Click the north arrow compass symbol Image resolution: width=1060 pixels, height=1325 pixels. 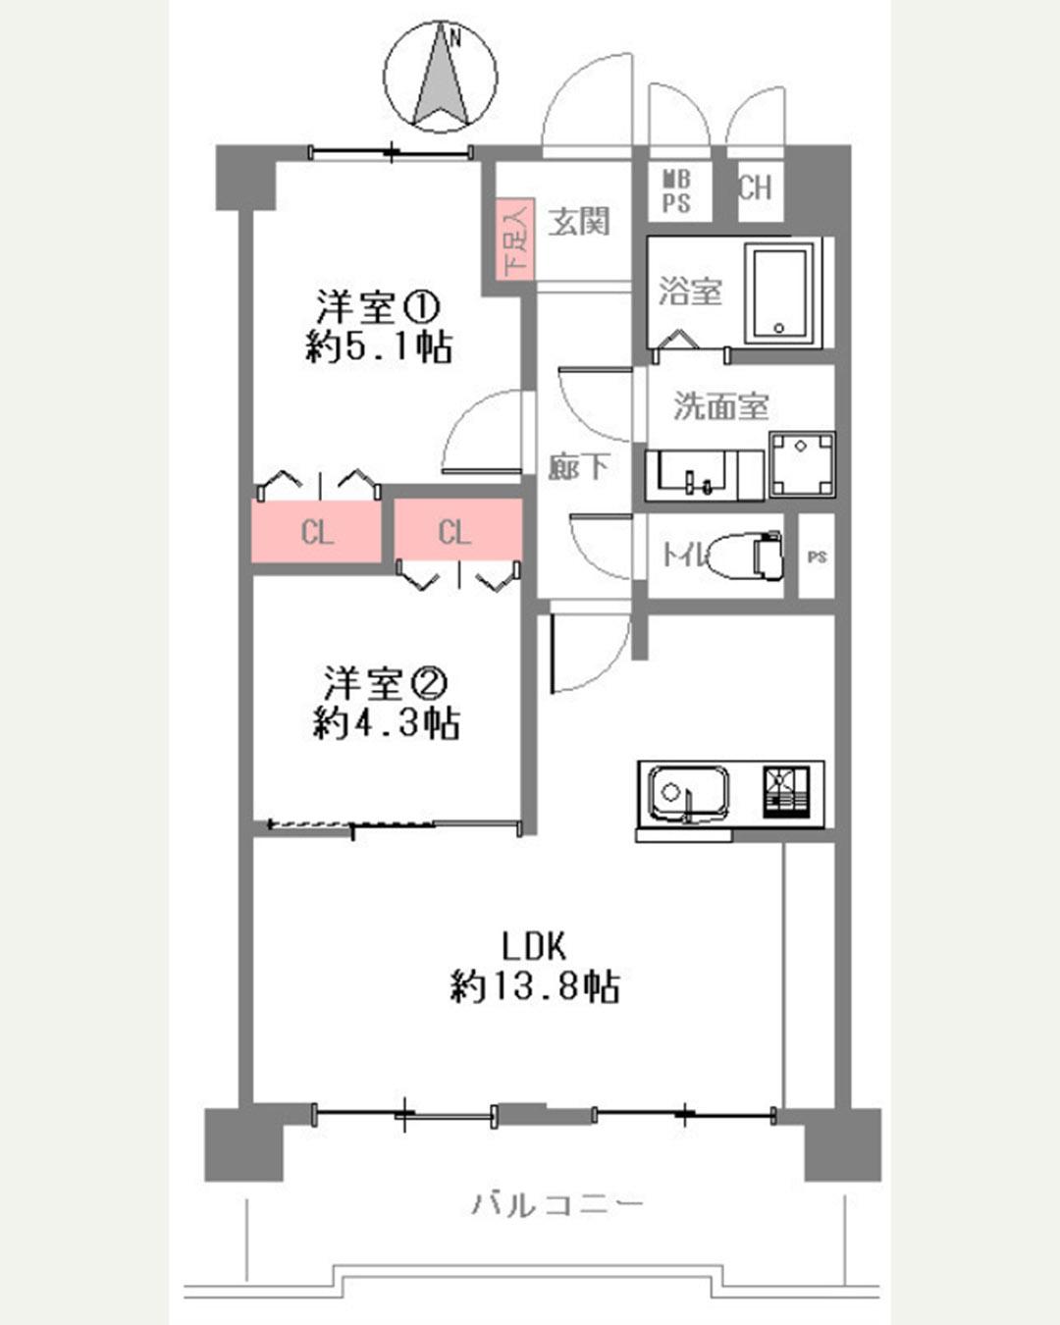click(441, 77)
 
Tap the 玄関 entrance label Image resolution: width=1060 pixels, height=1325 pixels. click(579, 222)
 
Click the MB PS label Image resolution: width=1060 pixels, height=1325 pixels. click(676, 191)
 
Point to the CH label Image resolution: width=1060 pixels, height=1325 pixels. click(755, 186)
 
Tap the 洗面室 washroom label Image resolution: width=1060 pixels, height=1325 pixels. click(721, 405)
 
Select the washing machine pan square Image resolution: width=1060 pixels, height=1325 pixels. click(801, 464)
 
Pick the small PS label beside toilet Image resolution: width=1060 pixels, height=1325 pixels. click(817, 556)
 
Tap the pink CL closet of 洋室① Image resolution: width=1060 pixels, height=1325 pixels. click(317, 531)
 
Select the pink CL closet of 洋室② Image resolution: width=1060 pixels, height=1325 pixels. click(457, 529)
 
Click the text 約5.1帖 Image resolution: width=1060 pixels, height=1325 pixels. click(379, 347)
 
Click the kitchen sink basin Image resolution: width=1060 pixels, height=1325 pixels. click(689, 794)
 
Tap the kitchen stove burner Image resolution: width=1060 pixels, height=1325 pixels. click(786, 791)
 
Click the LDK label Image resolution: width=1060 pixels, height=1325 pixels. click(534, 946)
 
